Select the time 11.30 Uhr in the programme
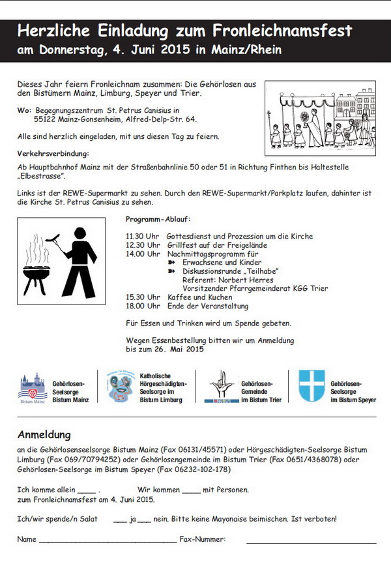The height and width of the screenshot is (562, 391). [x=143, y=236]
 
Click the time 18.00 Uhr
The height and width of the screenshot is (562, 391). [x=143, y=306]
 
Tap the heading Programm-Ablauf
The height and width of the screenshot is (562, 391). [x=158, y=219]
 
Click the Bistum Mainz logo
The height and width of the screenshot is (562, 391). [x=33, y=389]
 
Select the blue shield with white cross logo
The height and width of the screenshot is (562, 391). [x=311, y=386]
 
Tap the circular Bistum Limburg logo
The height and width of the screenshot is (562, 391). [x=121, y=389]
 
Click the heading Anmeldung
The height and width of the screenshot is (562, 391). [x=44, y=435]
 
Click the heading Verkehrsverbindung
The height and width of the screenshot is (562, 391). [x=53, y=153]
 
